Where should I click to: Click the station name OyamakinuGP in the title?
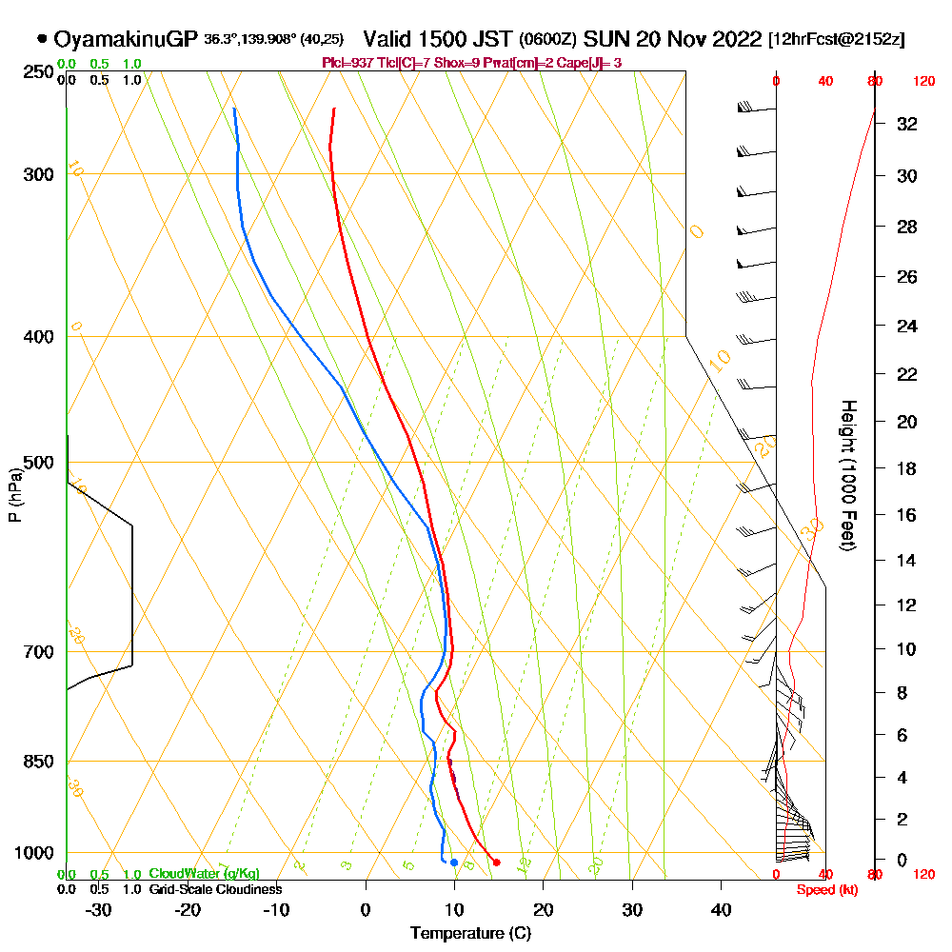[x=126, y=40]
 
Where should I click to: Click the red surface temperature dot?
[x=496, y=863]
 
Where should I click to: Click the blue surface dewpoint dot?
[x=454, y=863]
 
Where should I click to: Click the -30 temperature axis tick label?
[x=99, y=910]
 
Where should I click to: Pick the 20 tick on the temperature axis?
[x=544, y=910]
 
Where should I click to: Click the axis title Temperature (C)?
[x=470, y=934]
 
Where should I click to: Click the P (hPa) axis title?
[x=14, y=494]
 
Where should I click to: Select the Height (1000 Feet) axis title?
[x=846, y=475]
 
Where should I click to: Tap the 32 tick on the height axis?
[x=907, y=124]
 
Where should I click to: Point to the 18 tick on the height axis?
[x=907, y=468]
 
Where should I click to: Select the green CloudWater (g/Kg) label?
[x=204, y=874]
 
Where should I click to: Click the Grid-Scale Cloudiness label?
[x=215, y=889]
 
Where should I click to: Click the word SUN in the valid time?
[x=602, y=40]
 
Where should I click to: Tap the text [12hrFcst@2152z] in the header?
[x=836, y=40]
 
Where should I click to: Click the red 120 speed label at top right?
[x=923, y=82]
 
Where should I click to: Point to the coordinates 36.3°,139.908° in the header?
[x=248, y=40]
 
